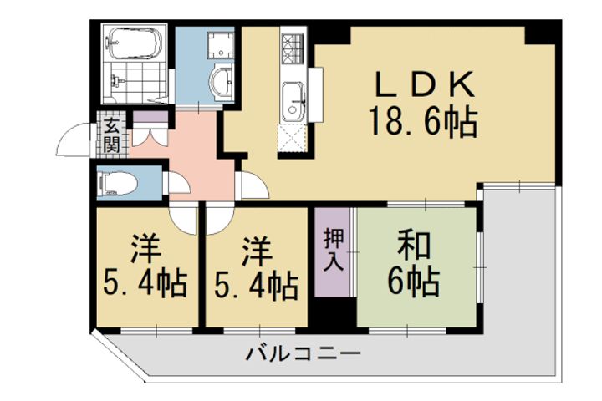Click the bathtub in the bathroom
point(134,41)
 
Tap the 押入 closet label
point(334,249)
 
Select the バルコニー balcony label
point(304,354)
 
